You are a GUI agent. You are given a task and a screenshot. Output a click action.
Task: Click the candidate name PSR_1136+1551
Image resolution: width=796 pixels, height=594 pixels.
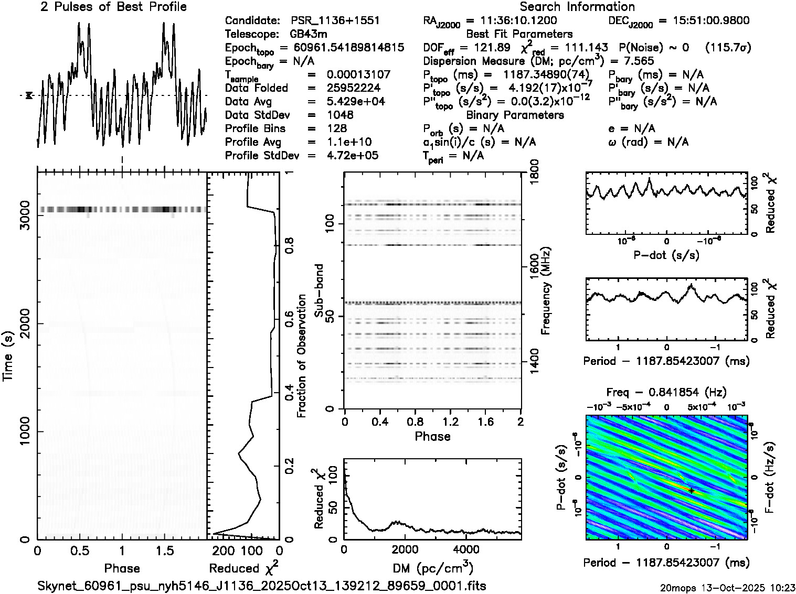[x=335, y=20]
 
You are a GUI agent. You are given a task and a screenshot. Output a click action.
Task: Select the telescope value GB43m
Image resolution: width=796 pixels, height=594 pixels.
[x=309, y=34]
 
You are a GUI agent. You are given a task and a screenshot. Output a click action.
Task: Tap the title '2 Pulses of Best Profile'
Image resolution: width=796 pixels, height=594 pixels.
[x=113, y=7]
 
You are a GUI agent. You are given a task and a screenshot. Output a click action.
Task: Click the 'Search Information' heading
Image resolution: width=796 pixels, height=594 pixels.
[x=577, y=7]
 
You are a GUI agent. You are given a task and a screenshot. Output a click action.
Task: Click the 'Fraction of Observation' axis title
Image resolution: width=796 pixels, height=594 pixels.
[x=301, y=355]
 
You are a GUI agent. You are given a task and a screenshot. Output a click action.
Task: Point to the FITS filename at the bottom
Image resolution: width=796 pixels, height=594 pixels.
[x=261, y=586]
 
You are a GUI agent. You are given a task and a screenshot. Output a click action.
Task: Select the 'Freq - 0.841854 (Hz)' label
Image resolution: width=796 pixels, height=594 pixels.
[x=666, y=392]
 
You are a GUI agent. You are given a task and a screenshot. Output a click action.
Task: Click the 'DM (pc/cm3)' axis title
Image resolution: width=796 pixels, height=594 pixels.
[x=432, y=568]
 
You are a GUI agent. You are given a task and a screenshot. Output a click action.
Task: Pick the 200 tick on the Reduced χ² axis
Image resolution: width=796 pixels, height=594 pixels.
[x=225, y=551]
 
